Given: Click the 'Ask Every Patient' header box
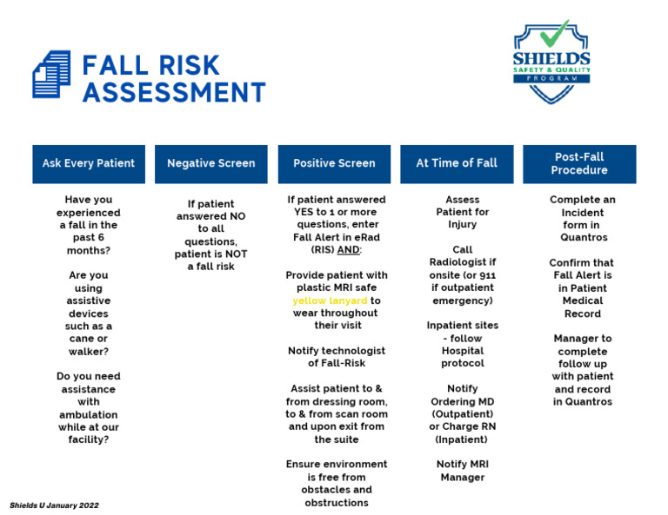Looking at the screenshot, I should click(89, 163).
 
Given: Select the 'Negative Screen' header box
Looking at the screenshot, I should click(211, 163).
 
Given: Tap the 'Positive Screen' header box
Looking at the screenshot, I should click(334, 163).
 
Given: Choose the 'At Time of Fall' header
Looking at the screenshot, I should click(457, 163).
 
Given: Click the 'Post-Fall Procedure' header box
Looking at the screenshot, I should click(579, 163).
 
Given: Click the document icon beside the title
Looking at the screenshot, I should click(51, 75).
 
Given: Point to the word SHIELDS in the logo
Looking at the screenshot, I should click(551, 59).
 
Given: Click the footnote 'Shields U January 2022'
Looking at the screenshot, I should click(54, 505).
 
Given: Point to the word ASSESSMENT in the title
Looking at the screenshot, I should click(174, 92).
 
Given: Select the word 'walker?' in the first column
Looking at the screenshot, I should click(89, 351).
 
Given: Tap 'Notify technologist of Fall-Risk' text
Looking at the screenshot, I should click(336, 357).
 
